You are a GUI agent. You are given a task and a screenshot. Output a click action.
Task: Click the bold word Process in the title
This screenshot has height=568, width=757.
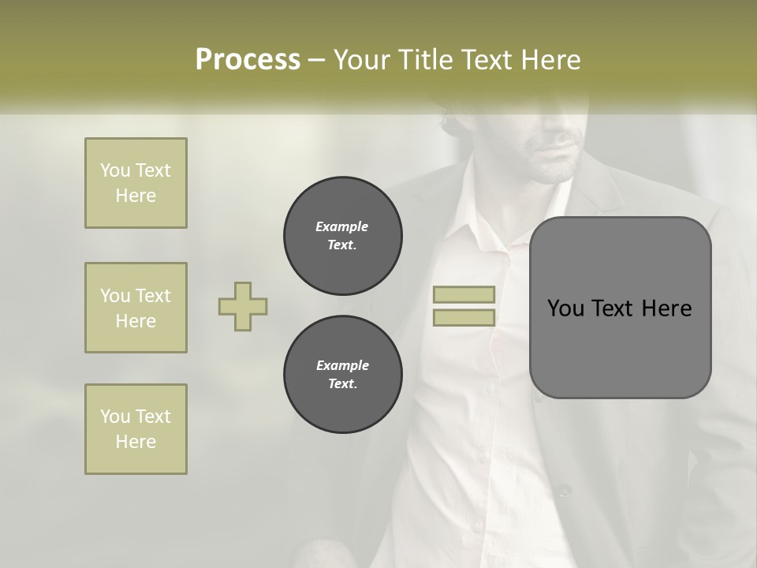click(248, 60)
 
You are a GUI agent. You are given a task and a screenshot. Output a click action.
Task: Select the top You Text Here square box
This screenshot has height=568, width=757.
click(136, 183)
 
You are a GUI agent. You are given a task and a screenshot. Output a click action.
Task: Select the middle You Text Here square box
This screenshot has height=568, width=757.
click(136, 308)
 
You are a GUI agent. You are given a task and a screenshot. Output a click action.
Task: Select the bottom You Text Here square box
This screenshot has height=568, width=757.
click(136, 429)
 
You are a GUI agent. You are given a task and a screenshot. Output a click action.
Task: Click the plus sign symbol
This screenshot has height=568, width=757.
click(243, 306)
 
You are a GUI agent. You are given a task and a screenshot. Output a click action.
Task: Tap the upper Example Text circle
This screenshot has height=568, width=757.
click(342, 235)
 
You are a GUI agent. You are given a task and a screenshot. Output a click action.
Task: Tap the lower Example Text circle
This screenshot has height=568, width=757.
click(342, 374)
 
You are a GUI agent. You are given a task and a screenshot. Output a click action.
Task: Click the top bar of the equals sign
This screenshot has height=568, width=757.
click(464, 294)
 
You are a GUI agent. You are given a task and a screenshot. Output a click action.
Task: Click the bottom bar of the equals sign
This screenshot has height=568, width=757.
click(464, 318)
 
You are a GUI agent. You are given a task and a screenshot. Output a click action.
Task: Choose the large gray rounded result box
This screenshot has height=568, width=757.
click(620, 308)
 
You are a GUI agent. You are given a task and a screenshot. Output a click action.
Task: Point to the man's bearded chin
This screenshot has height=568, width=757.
click(552, 168)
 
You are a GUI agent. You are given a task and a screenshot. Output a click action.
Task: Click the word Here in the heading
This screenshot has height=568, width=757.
click(551, 60)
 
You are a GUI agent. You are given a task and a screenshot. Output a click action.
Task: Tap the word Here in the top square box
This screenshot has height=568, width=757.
click(136, 196)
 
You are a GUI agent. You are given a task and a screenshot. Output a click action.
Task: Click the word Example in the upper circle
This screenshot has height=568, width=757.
click(342, 226)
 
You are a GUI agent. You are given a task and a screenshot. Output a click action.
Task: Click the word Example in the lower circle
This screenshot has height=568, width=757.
click(342, 365)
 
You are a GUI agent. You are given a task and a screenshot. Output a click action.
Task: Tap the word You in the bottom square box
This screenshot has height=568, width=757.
click(115, 417)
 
